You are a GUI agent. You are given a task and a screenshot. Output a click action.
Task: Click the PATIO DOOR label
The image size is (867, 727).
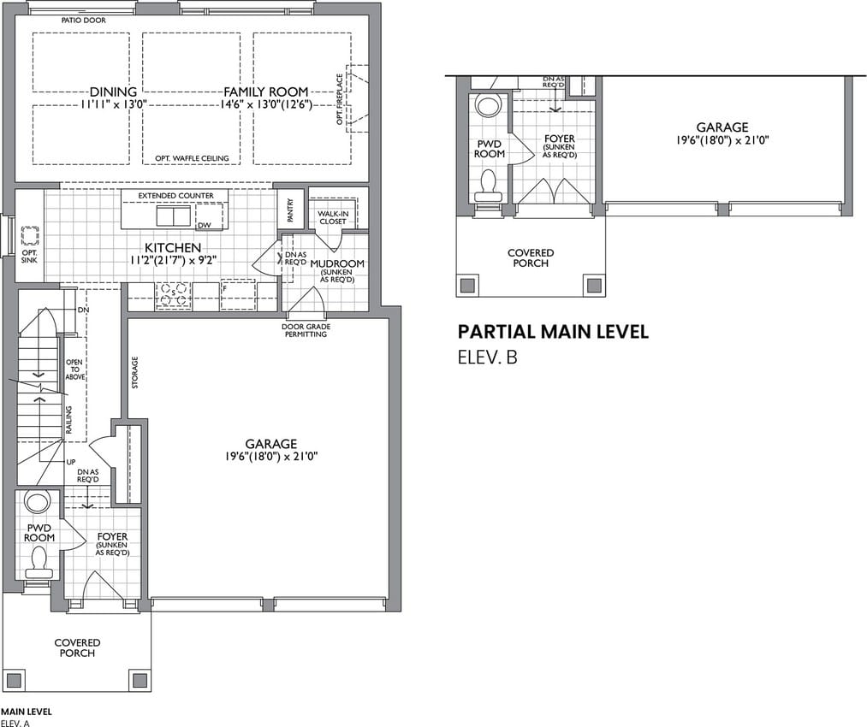84,21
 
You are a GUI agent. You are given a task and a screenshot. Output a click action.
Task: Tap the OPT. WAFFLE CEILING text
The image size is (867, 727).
192,158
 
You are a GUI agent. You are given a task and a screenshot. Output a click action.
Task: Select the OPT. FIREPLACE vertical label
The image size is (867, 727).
340,99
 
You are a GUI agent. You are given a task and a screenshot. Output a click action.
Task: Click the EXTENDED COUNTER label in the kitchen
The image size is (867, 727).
175,196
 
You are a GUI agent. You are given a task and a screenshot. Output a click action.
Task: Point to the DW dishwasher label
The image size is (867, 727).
204,225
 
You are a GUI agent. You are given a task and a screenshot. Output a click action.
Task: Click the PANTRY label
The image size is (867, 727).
290,210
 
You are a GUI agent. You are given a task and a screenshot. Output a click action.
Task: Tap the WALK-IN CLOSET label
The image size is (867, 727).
332,217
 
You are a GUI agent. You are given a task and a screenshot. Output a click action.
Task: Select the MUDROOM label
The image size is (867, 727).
337,263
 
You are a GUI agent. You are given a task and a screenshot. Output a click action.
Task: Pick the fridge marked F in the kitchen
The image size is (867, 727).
238,295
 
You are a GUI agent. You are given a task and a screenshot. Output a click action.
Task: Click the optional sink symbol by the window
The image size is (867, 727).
30,236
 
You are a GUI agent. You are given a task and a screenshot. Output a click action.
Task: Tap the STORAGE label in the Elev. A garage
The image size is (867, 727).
135,372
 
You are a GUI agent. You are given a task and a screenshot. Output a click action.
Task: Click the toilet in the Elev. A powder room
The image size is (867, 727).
39,561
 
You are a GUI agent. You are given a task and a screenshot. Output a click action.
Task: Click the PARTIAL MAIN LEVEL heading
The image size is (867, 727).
553,332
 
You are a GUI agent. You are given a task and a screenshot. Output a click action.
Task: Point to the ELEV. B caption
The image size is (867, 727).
487,358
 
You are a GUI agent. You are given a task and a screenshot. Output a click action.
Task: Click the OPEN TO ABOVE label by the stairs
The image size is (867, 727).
75,369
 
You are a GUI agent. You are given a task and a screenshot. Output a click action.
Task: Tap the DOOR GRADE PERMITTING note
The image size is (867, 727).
306,330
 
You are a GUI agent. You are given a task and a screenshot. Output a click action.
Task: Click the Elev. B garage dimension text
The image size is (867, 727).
722,140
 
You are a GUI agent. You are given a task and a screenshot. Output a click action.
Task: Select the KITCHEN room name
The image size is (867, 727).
173,248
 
